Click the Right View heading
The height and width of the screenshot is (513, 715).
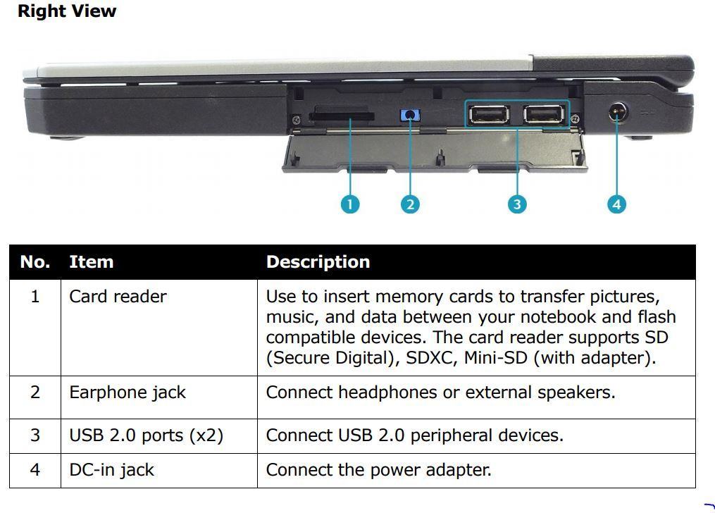[67, 11]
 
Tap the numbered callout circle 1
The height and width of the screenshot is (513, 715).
[349, 204]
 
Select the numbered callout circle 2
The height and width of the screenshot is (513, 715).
[410, 204]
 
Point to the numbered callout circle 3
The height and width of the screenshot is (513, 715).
[517, 204]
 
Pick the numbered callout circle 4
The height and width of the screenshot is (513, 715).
[616, 204]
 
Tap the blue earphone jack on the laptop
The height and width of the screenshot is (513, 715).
[410, 115]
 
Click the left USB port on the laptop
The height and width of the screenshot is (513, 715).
[489, 114]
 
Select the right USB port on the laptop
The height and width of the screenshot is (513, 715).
[544, 114]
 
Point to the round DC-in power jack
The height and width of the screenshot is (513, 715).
[617, 111]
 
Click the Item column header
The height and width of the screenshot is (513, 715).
[91, 262]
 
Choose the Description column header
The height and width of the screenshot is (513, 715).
[318, 262]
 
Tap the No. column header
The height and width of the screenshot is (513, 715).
[35, 262]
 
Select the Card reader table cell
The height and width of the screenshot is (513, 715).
[118, 297]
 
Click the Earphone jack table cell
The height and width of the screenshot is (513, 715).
[128, 393]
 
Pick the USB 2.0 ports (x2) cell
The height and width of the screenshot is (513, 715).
[147, 435]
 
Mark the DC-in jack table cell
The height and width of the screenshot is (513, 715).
[112, 470]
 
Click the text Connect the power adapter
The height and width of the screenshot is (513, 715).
[379, 470]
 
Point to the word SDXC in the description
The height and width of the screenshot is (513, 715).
[432, 358]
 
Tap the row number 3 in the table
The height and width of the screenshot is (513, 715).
[35, 435]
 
